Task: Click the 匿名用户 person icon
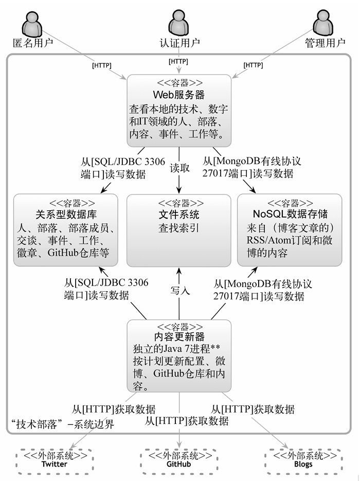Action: click(32, 23)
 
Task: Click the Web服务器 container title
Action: click(179, 95)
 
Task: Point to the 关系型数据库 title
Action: click(66, 214)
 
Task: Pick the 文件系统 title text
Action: click(178, 214)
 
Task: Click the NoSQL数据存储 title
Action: click(291, 213)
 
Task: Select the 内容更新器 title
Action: click(179, 336)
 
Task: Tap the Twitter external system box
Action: click(55, 459)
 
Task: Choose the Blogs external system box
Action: click(303, 459)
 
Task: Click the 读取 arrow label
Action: click(179, 168)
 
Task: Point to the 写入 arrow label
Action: click(180, 290)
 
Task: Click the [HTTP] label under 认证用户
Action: click(178, 62)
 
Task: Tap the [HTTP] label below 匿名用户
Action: click(102, 65)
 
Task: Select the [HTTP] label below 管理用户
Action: click(253, 65)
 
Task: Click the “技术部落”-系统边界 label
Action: click(62, 424)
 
